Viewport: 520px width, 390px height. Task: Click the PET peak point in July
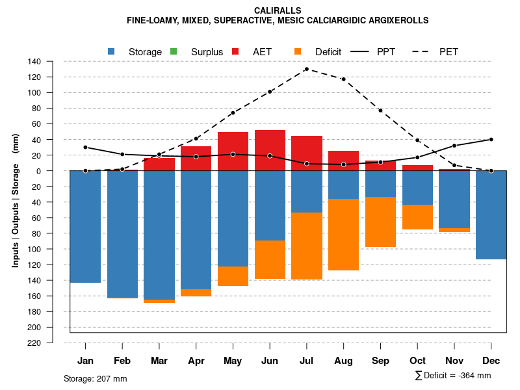coord(306,69)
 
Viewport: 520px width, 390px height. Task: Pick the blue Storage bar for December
coord(491,214)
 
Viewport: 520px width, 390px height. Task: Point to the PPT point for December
coord(491,139)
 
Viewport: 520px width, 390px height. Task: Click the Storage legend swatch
coord(112,51)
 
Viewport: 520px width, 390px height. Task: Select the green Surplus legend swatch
coord(174,51)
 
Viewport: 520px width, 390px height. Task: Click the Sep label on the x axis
coord(380,361)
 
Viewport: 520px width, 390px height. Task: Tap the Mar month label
coord(159,361)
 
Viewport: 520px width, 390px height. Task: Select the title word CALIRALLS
coord(278,10)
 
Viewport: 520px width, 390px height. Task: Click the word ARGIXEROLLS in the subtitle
coord(396,20)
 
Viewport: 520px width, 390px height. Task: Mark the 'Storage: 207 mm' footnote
coord(96,378)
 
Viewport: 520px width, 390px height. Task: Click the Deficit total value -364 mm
coord(474,376)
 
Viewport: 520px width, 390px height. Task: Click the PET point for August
coord(343,79)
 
